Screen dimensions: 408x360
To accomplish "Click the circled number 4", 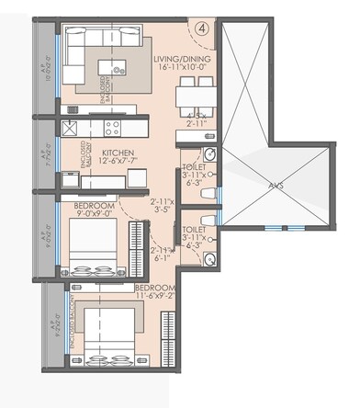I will coord(202,28).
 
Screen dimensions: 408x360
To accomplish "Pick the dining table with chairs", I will coord(190,92).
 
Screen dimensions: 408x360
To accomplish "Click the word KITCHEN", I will coord(118,153).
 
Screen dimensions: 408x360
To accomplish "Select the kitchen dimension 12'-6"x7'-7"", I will coord(119,164).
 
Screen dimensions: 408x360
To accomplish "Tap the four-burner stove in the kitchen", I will coord(114,128).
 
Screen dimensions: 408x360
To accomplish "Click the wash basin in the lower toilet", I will coord(212,260).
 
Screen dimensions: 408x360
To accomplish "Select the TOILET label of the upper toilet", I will coord(194,166).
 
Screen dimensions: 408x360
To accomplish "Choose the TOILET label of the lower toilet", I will coord(194,228).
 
